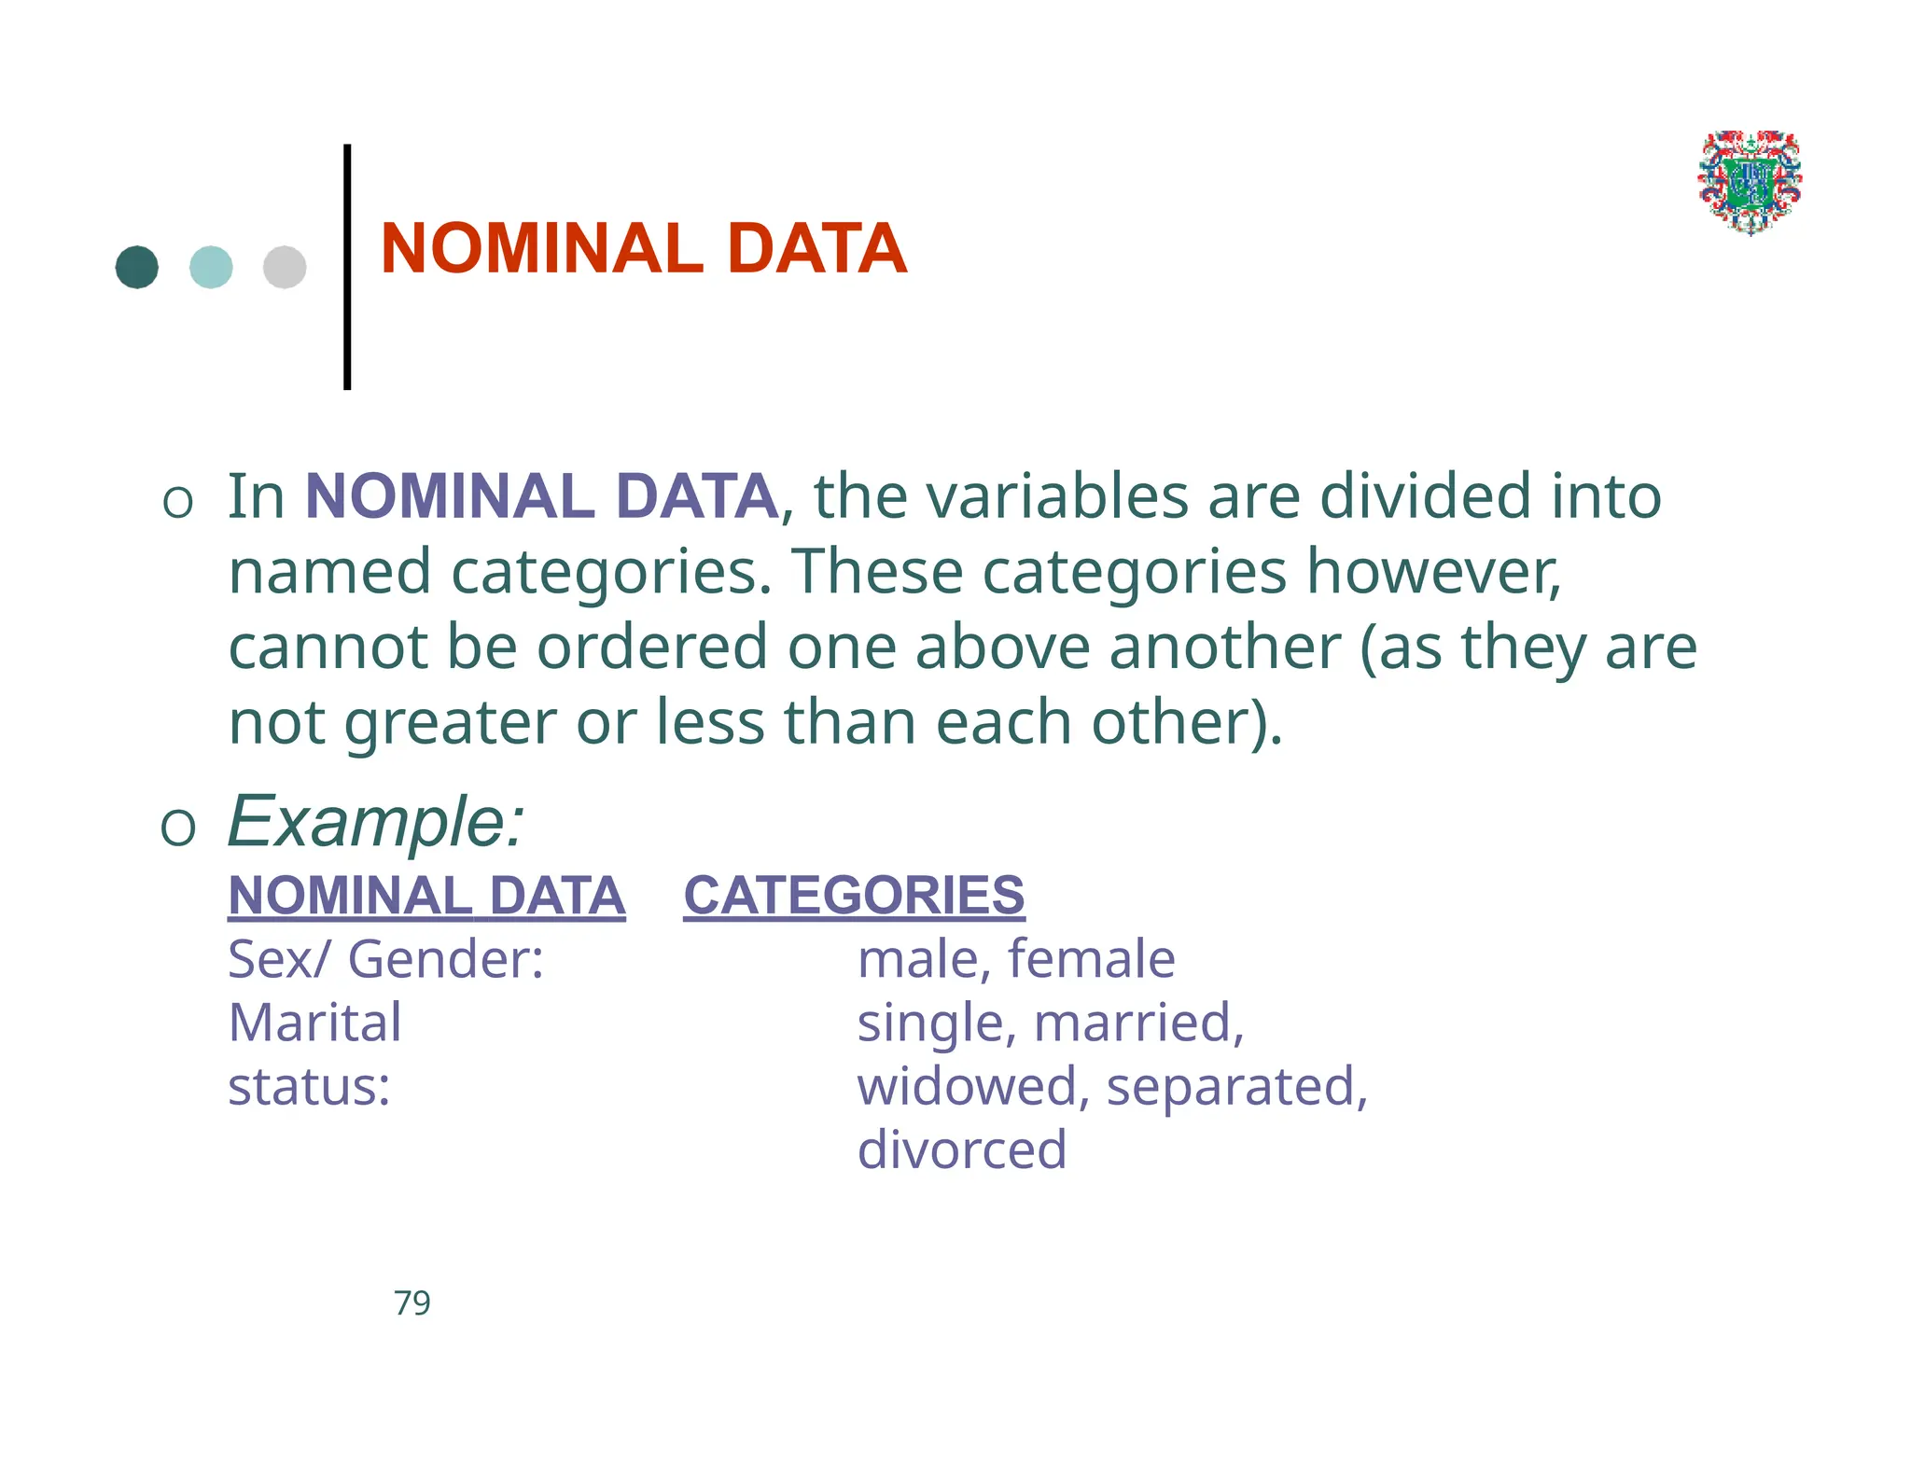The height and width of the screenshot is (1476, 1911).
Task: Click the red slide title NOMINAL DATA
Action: point(643,249)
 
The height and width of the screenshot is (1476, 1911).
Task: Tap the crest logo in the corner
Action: point(1750,182)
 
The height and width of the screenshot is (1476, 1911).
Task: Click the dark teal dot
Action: point(137,268)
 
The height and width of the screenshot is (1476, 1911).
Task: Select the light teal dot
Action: point(211,268)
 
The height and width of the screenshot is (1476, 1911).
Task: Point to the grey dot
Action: point(285,268)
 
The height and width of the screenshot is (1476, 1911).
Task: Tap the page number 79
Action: point(411,1302)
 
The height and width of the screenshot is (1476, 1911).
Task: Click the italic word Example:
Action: point(376,822)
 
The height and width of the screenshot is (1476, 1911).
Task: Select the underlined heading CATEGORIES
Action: point(854,896)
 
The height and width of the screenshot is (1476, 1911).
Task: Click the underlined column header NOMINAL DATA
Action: point(426,896)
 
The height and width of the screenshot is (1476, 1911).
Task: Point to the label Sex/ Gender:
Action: point(385,959)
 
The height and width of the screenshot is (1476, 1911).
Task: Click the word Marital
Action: point(314,1023)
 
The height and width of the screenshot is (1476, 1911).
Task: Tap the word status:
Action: point(309,1087)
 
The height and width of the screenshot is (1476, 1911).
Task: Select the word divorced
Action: point(961,1149)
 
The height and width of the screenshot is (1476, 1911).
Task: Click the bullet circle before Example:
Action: point(178,827)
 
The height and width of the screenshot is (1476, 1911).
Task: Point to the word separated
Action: point(1235,1087)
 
